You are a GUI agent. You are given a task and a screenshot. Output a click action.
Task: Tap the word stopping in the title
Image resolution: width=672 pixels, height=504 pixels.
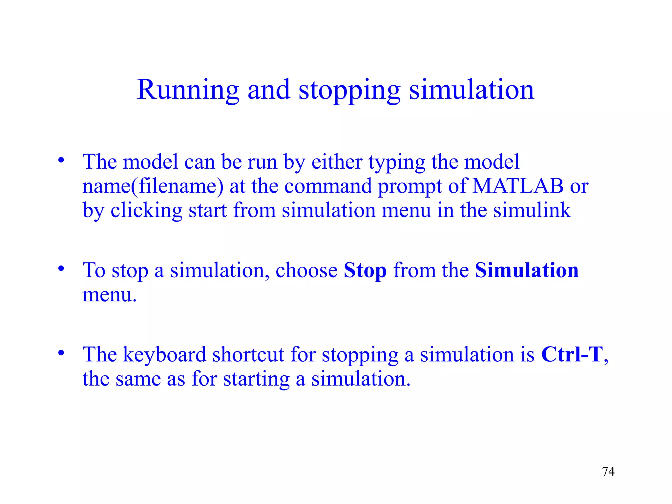click(x=349, y=90)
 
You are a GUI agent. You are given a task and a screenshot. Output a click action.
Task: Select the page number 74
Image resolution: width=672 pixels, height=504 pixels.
click(x=608, y=472)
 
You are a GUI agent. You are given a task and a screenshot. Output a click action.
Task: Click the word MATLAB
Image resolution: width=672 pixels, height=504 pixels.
click(x=518, y=186)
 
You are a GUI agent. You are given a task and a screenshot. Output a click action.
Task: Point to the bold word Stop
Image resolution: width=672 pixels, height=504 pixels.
click(x=365, y=271)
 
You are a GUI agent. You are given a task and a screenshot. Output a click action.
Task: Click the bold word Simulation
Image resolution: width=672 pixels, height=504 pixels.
click(x=527, y=270)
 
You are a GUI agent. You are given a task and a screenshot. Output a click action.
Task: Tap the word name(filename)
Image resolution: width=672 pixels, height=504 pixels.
click(x=153, y=186)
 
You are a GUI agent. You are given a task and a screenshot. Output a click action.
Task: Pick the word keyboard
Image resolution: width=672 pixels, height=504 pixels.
click(x=164, y=355)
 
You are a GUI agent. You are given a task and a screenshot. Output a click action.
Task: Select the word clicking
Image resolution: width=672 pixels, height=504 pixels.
click(x=146, y=211)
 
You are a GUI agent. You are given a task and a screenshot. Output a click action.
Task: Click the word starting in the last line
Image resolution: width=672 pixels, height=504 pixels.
click(x=256, y=380)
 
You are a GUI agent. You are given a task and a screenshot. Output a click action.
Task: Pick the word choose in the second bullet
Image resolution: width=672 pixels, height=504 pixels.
click(x=306, y=270)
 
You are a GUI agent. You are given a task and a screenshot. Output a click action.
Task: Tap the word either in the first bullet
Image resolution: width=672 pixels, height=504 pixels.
click(x=337, y=162)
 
